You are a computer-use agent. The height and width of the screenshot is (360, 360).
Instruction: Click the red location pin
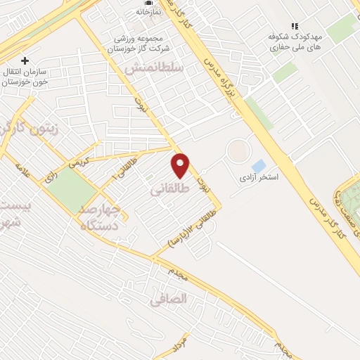(181, 165)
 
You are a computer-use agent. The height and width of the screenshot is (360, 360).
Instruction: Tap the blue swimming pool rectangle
(259, 166)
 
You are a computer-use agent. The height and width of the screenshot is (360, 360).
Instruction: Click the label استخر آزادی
(259, 177)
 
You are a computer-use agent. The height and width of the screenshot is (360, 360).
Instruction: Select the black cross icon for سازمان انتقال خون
(25, 61)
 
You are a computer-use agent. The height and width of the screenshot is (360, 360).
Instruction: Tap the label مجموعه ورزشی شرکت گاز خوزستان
(148, 43)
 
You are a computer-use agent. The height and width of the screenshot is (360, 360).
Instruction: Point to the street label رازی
(50, 176)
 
